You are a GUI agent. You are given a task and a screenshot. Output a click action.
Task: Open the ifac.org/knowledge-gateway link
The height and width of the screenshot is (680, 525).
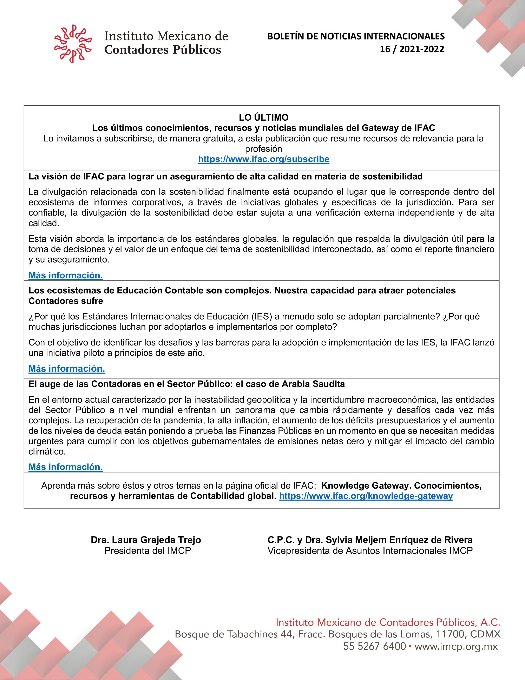[366, 496]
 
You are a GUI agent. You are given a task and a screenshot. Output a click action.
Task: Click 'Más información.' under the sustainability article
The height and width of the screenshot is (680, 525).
[66, 275]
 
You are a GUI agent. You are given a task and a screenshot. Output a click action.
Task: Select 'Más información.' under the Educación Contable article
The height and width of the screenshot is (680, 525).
[67, 369]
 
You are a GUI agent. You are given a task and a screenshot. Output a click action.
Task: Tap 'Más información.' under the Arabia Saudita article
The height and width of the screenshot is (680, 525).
[66, 467]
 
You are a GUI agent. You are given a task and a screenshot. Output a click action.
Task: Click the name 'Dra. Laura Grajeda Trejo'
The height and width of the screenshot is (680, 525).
[146, 540]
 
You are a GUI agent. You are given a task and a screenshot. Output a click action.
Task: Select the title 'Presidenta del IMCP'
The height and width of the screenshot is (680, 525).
[147, 551]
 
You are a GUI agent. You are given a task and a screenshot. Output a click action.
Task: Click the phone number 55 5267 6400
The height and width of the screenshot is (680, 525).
[374, 646]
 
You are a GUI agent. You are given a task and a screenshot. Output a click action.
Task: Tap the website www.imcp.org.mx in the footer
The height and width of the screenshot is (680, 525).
[456, 646]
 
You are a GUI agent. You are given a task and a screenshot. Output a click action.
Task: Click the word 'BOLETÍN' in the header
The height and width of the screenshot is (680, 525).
[286, 36]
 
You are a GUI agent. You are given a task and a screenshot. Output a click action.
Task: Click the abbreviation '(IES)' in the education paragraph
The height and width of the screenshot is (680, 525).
[262, 317]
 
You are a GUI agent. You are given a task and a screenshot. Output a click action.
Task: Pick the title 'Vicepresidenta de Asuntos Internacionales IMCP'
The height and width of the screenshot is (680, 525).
[370, 551]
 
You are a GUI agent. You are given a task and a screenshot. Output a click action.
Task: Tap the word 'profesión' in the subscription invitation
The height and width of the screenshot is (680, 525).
[263, 149]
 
